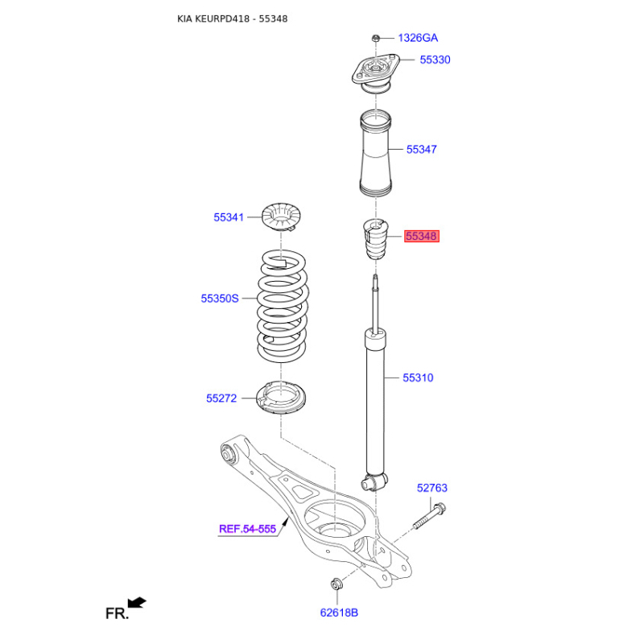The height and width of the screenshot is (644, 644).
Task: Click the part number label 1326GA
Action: pyautogui.click(x=418, y=38)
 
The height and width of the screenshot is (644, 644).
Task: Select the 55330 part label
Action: pyautogui.click(x=435, y=60)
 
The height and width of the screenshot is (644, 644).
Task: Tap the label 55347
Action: pyautogui.click(x=421, y=150)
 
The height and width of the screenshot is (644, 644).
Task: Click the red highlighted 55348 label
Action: pyautogui.click(x=422, y=236)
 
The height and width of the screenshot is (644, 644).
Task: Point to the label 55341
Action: pyautogui.click(x=229, y=217)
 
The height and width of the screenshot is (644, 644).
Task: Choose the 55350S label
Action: pyautogui.click(x=219, y=299)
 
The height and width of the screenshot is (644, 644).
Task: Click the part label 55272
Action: pyautogui.click(x=221, y=398)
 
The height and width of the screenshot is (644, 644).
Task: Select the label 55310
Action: pyautogui.click(x=418, y=378)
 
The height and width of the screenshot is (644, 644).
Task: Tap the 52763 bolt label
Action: pyautogui.click(x=432, y=488)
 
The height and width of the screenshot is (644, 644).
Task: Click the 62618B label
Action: pyautogui.click(x=339, y=613)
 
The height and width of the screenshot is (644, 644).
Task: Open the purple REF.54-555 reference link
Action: pyautogui.click(x=247, y=529)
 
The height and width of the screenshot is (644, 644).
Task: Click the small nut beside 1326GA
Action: pyautogui.click(x=375, y=39)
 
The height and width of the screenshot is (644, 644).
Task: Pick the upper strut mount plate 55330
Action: pyautogui.click(x=375, y=73)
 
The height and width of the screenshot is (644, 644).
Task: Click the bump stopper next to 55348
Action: pyautogui.click(x=375, y=239)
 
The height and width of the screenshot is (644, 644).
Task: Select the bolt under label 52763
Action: pyautogui.click(x=430, y=516)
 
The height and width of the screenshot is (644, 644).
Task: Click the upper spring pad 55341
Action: pyautogui.click(x=281, y=217)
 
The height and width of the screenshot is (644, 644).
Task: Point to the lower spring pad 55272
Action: pyautogui.click(x=281, y=398)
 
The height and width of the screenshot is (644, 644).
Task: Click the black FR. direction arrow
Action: pyautogui.click(x=137, y=603)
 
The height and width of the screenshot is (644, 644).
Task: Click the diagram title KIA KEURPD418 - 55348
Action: pyautogui.click(x=233, y=19)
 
